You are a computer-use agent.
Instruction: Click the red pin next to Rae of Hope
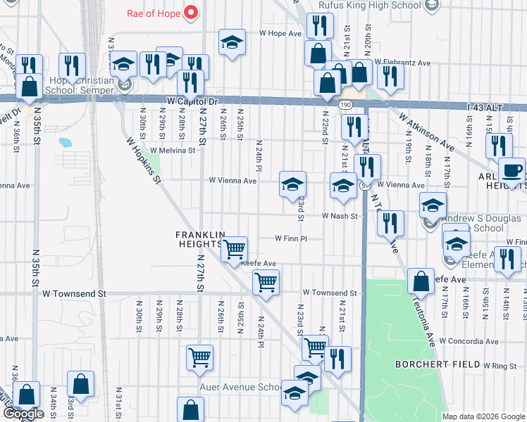190,12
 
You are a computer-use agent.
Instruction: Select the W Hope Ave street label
280,33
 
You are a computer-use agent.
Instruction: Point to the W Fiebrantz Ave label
402,63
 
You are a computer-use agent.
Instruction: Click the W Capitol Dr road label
193,101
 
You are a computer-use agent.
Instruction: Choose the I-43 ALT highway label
485,107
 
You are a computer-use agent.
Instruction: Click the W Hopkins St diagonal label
144,160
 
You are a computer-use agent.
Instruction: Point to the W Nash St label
341,216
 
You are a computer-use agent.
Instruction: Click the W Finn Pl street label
291,239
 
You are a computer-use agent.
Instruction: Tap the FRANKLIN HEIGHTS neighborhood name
200,238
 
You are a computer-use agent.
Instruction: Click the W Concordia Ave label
466,340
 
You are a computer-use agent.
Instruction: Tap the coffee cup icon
512,170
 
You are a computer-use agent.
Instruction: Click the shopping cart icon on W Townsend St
265,283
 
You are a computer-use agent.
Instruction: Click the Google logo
23,414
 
